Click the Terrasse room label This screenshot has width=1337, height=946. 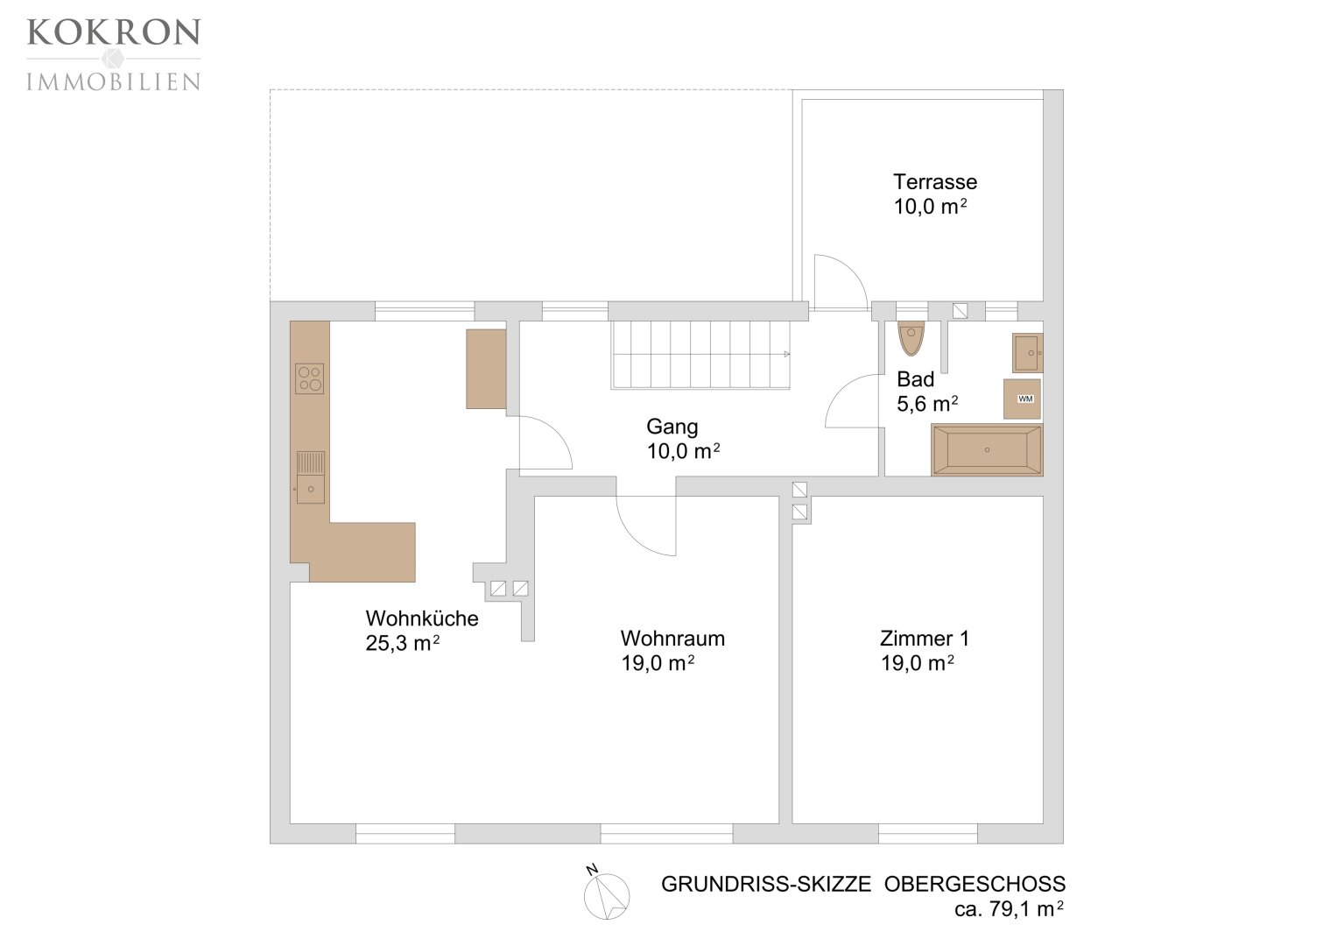935,181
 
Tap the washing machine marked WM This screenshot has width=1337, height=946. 1022,399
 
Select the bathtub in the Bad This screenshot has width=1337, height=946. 988,449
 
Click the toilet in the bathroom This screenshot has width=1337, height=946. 911,339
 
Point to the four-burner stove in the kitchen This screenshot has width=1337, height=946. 309,378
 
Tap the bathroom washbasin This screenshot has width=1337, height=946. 1028,353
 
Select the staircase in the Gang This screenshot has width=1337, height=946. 700,355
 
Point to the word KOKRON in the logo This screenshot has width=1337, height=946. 114,32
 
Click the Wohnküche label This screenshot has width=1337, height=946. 422,618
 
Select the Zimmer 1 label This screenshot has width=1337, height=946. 925,639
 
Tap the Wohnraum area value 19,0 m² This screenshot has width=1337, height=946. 658,663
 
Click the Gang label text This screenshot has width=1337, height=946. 672,427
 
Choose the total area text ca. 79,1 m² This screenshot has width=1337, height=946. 1009,908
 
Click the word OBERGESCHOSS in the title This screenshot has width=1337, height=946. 975,884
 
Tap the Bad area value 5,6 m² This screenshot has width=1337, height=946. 927,404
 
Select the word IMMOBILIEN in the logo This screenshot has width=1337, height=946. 114,81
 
